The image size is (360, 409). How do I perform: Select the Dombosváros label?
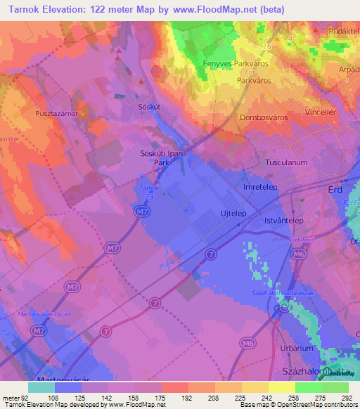[x=264, y=118]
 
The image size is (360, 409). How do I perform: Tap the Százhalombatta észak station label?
[x=283, y=292]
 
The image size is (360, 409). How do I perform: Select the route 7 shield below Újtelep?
[x=210, y=253]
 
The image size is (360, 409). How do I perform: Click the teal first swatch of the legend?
[x=41, y=387]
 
